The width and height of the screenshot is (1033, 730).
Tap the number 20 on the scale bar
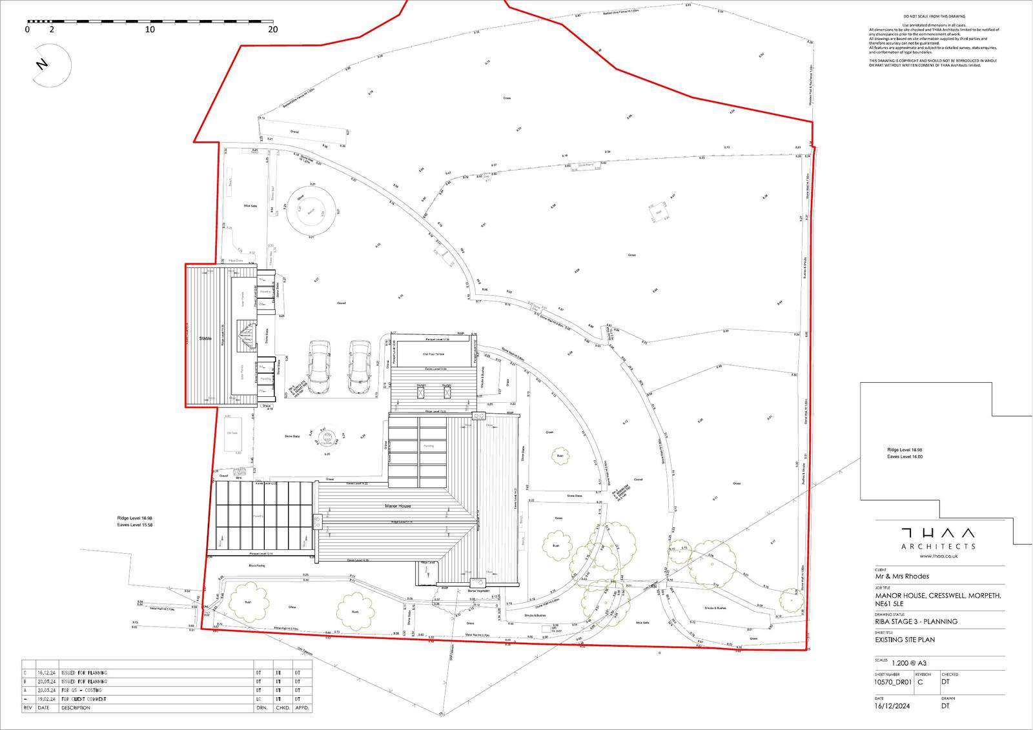(x=272, y=30)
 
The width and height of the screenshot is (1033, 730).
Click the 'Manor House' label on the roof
(x=398, y=506)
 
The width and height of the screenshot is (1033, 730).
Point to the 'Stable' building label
(x=205, y=338)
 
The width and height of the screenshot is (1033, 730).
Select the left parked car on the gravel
(x=318, y=367)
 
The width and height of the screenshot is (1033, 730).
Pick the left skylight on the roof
(x=422, y=390)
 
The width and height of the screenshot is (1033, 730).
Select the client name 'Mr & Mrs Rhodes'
(x=902, y=576)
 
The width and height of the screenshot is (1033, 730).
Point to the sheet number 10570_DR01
(x=892, y=682)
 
